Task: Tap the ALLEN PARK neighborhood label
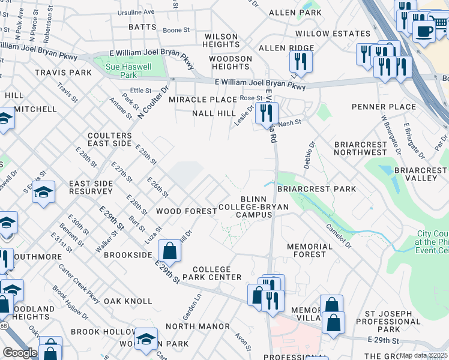pos(287,12)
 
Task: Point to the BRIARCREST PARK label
pos(316,189)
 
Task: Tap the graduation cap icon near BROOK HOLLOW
pos(146,339)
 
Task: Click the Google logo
pos(20,353)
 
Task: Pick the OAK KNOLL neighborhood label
pos(128,301)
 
